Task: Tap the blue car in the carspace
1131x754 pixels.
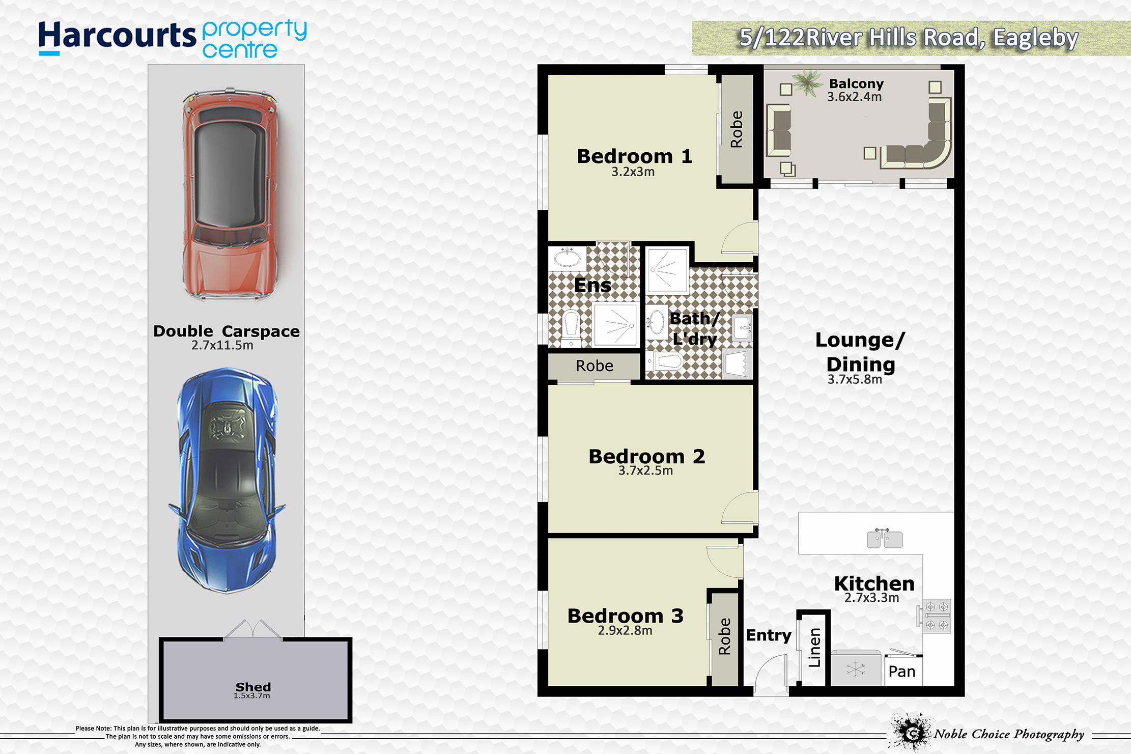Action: (x=227, y=480)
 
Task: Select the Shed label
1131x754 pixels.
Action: (x=253, y=687)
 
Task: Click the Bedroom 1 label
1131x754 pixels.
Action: (x=634, y=156)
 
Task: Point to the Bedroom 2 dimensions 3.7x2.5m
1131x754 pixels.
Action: (x=645, y=470)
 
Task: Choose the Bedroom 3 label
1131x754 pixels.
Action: (x=625, y=616)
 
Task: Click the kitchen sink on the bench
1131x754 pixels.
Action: (x=885, y=539)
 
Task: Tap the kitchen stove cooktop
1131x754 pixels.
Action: (x=936, y=616)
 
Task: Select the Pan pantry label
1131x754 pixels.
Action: (x=901, y=672)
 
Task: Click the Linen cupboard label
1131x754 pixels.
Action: (x=814, y=648)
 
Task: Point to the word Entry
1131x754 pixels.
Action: (x=769, y=635)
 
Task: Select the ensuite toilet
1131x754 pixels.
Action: (x=571, y=328)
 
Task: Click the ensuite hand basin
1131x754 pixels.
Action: (x=567, y=258)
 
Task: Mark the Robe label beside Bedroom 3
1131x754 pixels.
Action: (x=724, y=636)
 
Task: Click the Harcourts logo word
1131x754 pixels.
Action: (x=117, y=37)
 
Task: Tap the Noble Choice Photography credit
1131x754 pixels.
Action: (x=1009, y=734)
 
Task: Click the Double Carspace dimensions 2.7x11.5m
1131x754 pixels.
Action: (x=222, y=345)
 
